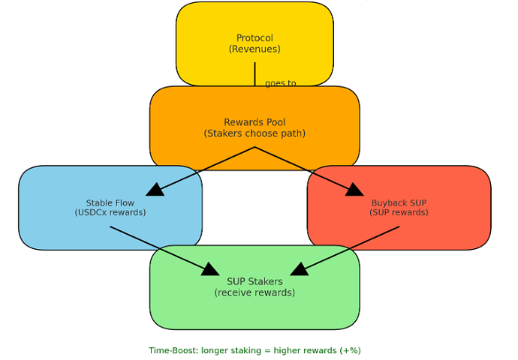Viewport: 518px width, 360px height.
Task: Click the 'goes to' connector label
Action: click(x=281, y=83)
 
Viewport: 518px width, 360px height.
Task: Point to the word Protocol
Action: click(x=254, y=38)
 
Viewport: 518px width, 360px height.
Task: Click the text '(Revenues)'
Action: click(x=254, y=49)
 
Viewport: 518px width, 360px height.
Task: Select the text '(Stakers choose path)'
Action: click(x=254, y=133)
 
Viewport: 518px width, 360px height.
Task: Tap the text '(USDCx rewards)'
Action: click(x=110, y=212)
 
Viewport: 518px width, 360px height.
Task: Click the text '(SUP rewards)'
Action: click(x=399, y=212)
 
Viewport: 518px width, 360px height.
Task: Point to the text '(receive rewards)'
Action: click(x=254, y=292)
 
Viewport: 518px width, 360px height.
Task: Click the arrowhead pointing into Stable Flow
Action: click(x=155, y=189)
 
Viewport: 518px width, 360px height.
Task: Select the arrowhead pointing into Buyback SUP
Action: click(x=354, y=189)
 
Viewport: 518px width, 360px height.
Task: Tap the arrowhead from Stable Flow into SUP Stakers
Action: click(x=210, y=269)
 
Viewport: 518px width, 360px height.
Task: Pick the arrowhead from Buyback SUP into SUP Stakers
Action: click(x=299, y=269)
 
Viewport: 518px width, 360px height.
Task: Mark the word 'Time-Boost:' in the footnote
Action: click(x=170, y=350)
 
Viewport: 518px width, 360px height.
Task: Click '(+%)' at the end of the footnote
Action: click(x=350, y=350)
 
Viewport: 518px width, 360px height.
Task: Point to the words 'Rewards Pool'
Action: click(x=254, y=122)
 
